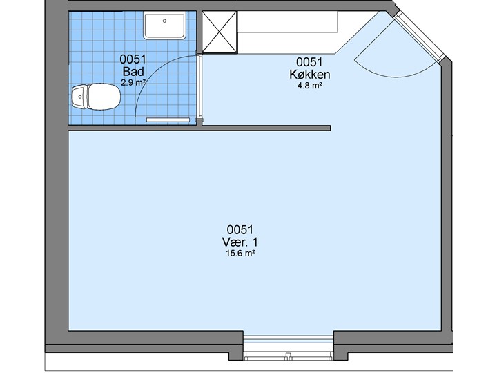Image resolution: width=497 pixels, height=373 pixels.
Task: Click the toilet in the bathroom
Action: point(97,97)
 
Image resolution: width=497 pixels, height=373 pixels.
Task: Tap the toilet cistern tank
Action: point(79,97)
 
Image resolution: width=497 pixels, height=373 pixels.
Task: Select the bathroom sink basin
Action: point(164,25)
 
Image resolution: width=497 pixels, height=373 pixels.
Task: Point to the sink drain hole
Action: point(164,21)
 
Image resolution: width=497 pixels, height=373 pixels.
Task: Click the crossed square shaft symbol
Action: point(220,32)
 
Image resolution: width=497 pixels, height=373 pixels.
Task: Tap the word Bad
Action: point(133,71)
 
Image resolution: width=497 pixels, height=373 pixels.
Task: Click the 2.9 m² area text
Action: point(133,82)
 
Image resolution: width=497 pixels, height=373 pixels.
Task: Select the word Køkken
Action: point(310,74)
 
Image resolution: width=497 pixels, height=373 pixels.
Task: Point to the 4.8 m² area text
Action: point(310,86)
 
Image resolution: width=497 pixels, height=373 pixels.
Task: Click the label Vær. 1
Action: point(240,242)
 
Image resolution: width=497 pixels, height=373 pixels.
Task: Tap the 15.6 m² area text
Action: point(241,253)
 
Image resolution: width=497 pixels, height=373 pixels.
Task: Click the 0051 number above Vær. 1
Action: point(240,229)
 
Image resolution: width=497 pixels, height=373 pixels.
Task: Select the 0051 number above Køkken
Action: point(309,62)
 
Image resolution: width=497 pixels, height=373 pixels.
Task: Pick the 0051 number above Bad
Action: point(133,59)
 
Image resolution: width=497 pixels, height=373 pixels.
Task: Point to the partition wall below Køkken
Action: point(266,128)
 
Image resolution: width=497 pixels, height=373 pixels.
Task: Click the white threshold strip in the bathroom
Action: point(168,120)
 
